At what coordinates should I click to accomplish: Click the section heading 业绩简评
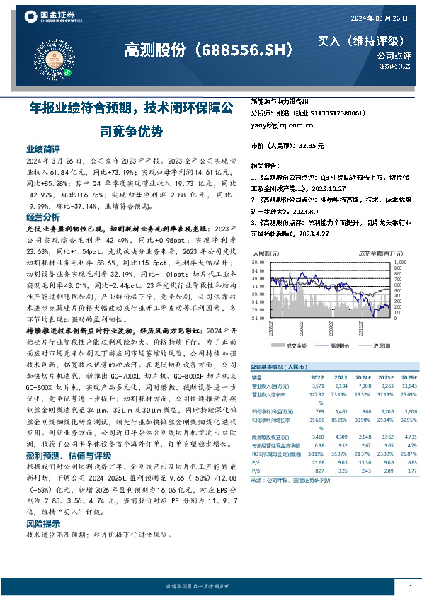43,149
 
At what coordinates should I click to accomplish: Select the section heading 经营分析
43,217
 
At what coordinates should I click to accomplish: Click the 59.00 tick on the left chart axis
258,262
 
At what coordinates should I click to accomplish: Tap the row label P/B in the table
257,469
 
